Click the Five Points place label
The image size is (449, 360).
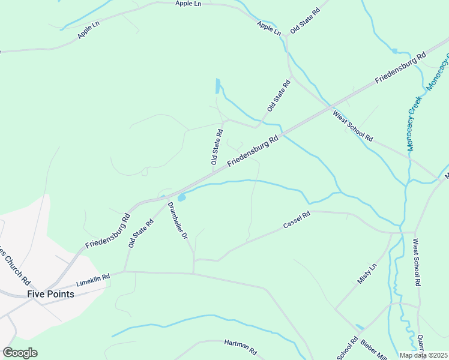pyautogui.click(x=50, y=294)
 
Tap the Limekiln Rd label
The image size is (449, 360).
pyautogui.click(x=94, y=280)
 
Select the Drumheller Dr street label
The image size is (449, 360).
pyautogui.click(x=178, y=221)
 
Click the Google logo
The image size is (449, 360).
pyautogui.click(x=20, y=353)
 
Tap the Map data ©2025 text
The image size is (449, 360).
pyautogui.click(x=424, y=355)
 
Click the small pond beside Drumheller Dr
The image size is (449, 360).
pyautogui.click(x=181, y=197)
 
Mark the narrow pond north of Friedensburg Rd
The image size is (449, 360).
pyautogui.click(x=217, y=86)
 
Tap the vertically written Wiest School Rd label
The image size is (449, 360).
pyautogui.click(x=417, y=262)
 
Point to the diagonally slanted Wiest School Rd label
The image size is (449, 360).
pyautogui.click(x=353, y=124)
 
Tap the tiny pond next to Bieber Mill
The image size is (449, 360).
pyautogui.click(x=359, y=328)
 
